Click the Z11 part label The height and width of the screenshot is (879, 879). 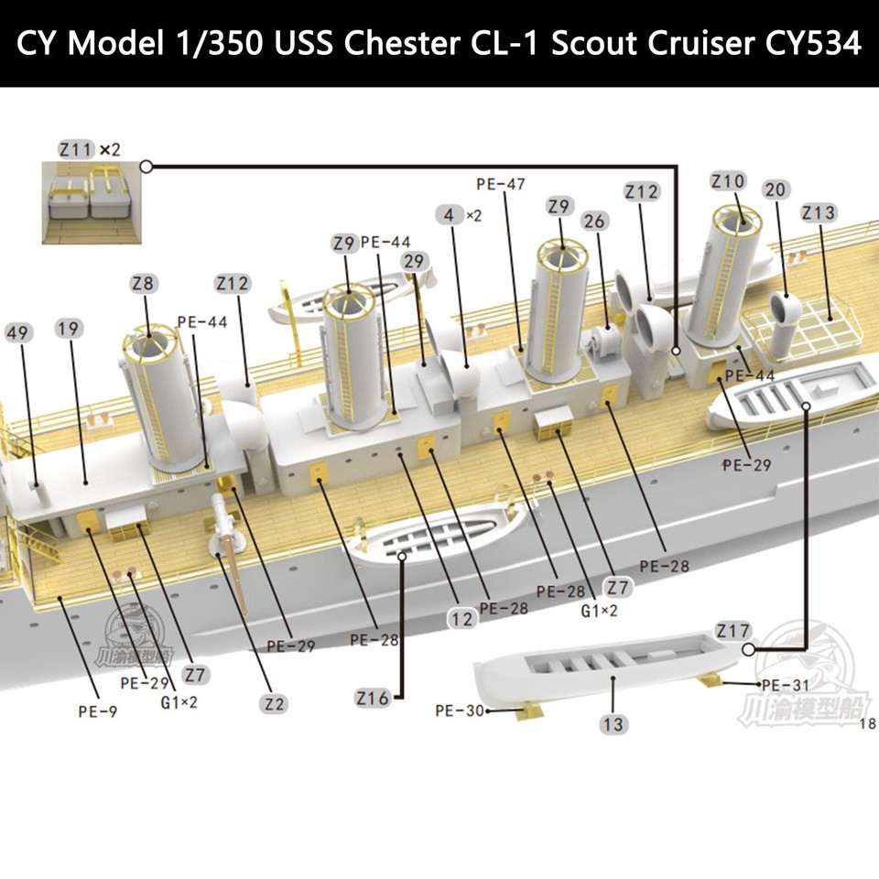click(x=75, y=148)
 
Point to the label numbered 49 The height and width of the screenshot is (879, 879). click(x=16, y=332)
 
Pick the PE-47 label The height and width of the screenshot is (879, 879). click(x=501, y=183)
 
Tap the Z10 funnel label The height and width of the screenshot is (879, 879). click(x=728, y=181)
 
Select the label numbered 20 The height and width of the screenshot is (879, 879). click(x=775, y=190)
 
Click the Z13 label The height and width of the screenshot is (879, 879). click(x=818, y=212)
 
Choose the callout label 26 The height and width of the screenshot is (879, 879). click(x=593, y=222)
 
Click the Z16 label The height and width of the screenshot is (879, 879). click(x=372, y=699)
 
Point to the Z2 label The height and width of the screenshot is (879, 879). click(x=273, y=704)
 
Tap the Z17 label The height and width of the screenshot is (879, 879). click(x=732, y=631)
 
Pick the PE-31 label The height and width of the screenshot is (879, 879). click(x=785, y=685)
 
